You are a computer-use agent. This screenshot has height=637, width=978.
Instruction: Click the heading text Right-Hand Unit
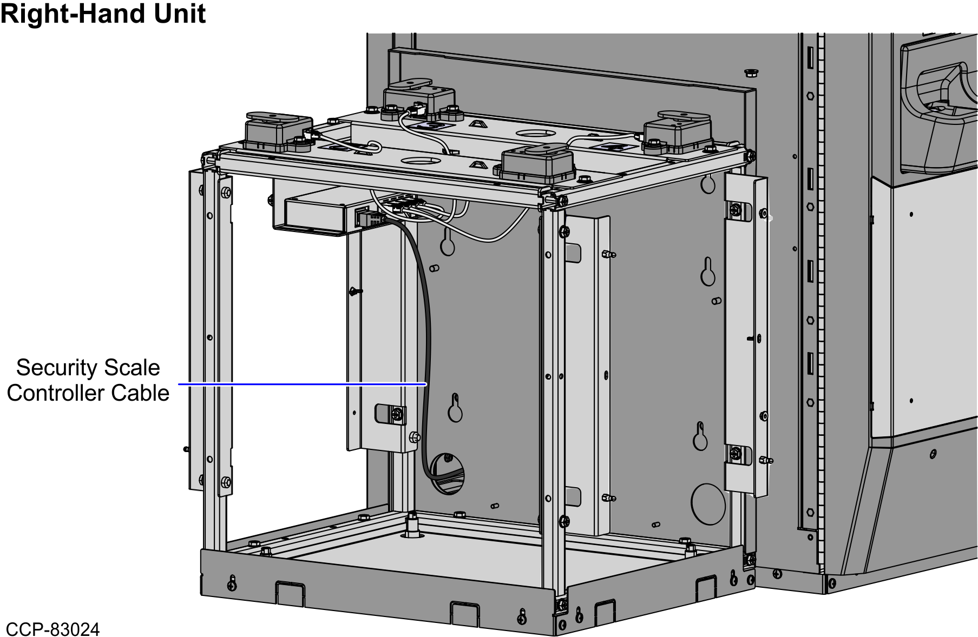click(103, 14)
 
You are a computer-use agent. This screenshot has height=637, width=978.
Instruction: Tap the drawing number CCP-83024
click(52, 629)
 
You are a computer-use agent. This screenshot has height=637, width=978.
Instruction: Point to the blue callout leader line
click(303, 384)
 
